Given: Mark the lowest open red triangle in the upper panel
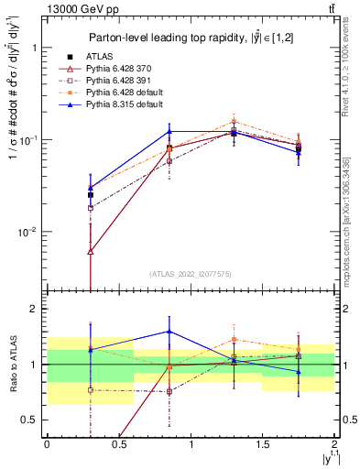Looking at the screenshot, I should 90,250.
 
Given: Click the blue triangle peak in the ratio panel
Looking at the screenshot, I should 169,332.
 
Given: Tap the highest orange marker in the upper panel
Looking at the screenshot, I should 234,121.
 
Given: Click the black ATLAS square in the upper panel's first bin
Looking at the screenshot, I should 90,194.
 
